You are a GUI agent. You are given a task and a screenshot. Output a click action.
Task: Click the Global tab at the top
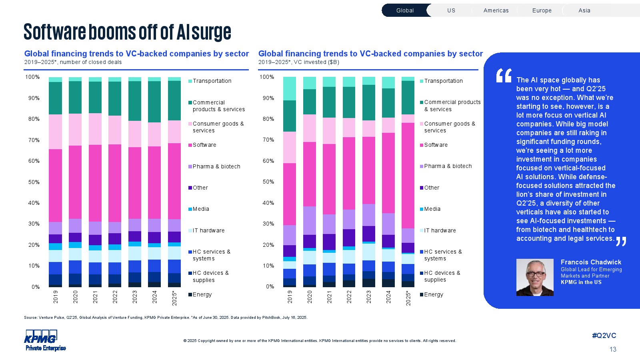(405, 10)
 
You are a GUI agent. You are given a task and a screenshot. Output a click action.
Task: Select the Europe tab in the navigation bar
(542, 10)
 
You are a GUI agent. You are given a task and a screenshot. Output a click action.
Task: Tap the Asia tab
(584, 10)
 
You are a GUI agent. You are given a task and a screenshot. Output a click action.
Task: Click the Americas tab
(496, 10)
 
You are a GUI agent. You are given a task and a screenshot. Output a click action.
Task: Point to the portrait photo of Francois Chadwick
(535, 277)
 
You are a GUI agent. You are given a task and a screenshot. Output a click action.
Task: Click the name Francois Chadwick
(591, 262)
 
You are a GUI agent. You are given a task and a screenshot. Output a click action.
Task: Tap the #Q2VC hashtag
(604, 336)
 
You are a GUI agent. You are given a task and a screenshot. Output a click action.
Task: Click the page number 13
(613, 349)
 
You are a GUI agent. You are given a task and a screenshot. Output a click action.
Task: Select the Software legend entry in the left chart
(204, 145)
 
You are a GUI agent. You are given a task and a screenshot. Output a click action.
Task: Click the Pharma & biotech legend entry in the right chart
(448, 166)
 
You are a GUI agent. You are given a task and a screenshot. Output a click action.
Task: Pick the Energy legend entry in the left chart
(202, 294)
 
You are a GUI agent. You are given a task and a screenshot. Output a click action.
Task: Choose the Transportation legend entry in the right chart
(443, 81)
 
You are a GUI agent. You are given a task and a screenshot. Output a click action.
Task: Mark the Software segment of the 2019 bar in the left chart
(56, 186)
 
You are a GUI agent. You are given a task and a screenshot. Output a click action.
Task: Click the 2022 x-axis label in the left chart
(115, 297)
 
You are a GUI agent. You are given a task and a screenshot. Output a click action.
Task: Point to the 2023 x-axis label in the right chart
(369, 297)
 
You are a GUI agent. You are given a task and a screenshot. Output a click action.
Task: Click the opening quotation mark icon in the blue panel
(504, 76)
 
